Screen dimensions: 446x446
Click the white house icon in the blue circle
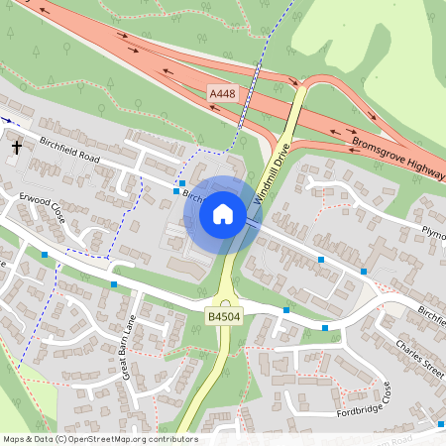[x=223, y=213]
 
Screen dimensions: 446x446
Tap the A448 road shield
[x=223, y=94]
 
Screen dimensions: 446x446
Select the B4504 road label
[x=222, y=316]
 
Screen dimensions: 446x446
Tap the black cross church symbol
[x=16, y=148]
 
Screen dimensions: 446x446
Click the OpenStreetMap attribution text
[x=99, y=438]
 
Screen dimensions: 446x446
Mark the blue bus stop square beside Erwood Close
[x=45, y=255]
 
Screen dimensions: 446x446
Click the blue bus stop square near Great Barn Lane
[x=115, y=285]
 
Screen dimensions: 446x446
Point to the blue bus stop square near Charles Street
[x=325, y=328]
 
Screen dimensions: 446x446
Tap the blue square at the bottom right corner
[x=440, y=424]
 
